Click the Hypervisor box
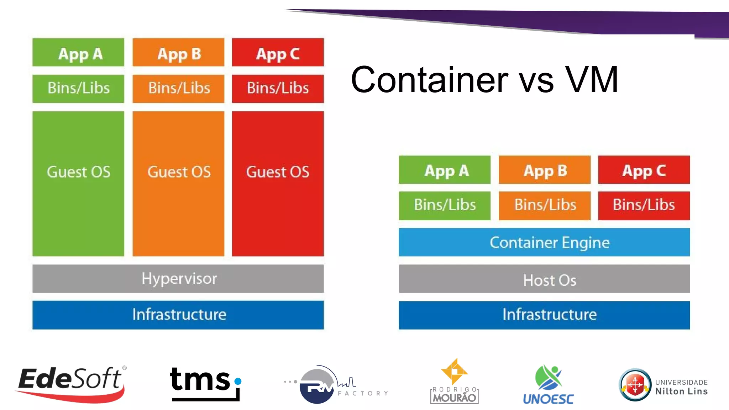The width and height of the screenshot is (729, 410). coord(178,279)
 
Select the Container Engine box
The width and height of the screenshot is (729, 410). coord(544,242)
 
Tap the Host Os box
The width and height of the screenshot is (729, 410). coord(544,279)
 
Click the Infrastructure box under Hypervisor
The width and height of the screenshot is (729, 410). coord(178,315)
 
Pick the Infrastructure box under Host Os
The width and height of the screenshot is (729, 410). coord(544,315)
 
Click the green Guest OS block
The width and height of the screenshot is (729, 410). coord(78,184)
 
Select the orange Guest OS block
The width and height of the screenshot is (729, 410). coord(178,184)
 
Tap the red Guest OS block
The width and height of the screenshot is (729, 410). coord(278,184)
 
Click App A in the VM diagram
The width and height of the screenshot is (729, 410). coord(78,53)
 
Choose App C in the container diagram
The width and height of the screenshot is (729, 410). coord(644,170)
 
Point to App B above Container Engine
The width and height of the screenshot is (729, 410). coord(545,170)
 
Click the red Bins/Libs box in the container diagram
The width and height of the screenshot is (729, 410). coord(644,205)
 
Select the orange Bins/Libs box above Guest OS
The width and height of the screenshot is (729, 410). coord(178,89)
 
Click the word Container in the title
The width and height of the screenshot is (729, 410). coord(429,80)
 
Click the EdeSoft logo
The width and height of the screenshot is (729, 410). coord(71,383)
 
